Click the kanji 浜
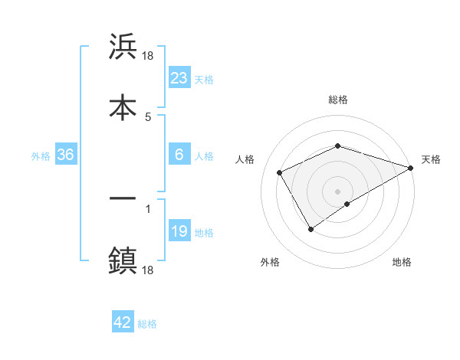click(x=123, y=47)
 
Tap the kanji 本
click(x=123, y=106)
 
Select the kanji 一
click(x=123, y=198)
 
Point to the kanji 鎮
click(x=123, y=260)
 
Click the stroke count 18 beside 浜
click(x=149, y=55)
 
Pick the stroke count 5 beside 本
click(x=147, y=116)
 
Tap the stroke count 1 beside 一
click(x=147, y=208)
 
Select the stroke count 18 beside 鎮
click(x=149, y=270)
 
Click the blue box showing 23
click(x=179, y=78)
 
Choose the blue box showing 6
click(x=179, y=155)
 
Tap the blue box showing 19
click(x=179, y=231)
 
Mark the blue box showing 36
click(x=66, y=155)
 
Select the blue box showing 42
click(x=123, y=322)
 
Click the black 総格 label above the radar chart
click(x=337, y=100)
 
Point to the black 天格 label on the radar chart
click(x=431, y=159)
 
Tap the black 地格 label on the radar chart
click(x=402, y=262)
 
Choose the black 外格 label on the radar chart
click(x=270, y=262)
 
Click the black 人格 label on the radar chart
click(x=245, y=159)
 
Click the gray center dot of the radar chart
click(x=337, y=191)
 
